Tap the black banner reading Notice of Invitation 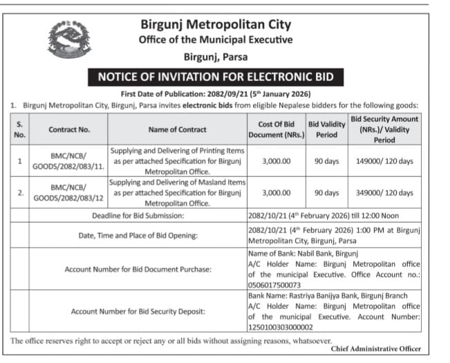click(216, 76)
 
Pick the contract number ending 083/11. click(69, 161)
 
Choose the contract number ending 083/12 click(69, 192)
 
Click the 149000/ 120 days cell click(385, 161)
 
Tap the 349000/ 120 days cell click(385, 192)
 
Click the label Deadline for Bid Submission click(138, 216)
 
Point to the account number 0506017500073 click(274, 284)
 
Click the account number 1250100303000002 click(280, 327)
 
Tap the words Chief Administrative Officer click(375, 348)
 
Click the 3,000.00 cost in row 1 click(276, 161)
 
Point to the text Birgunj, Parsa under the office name click(216, 57)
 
